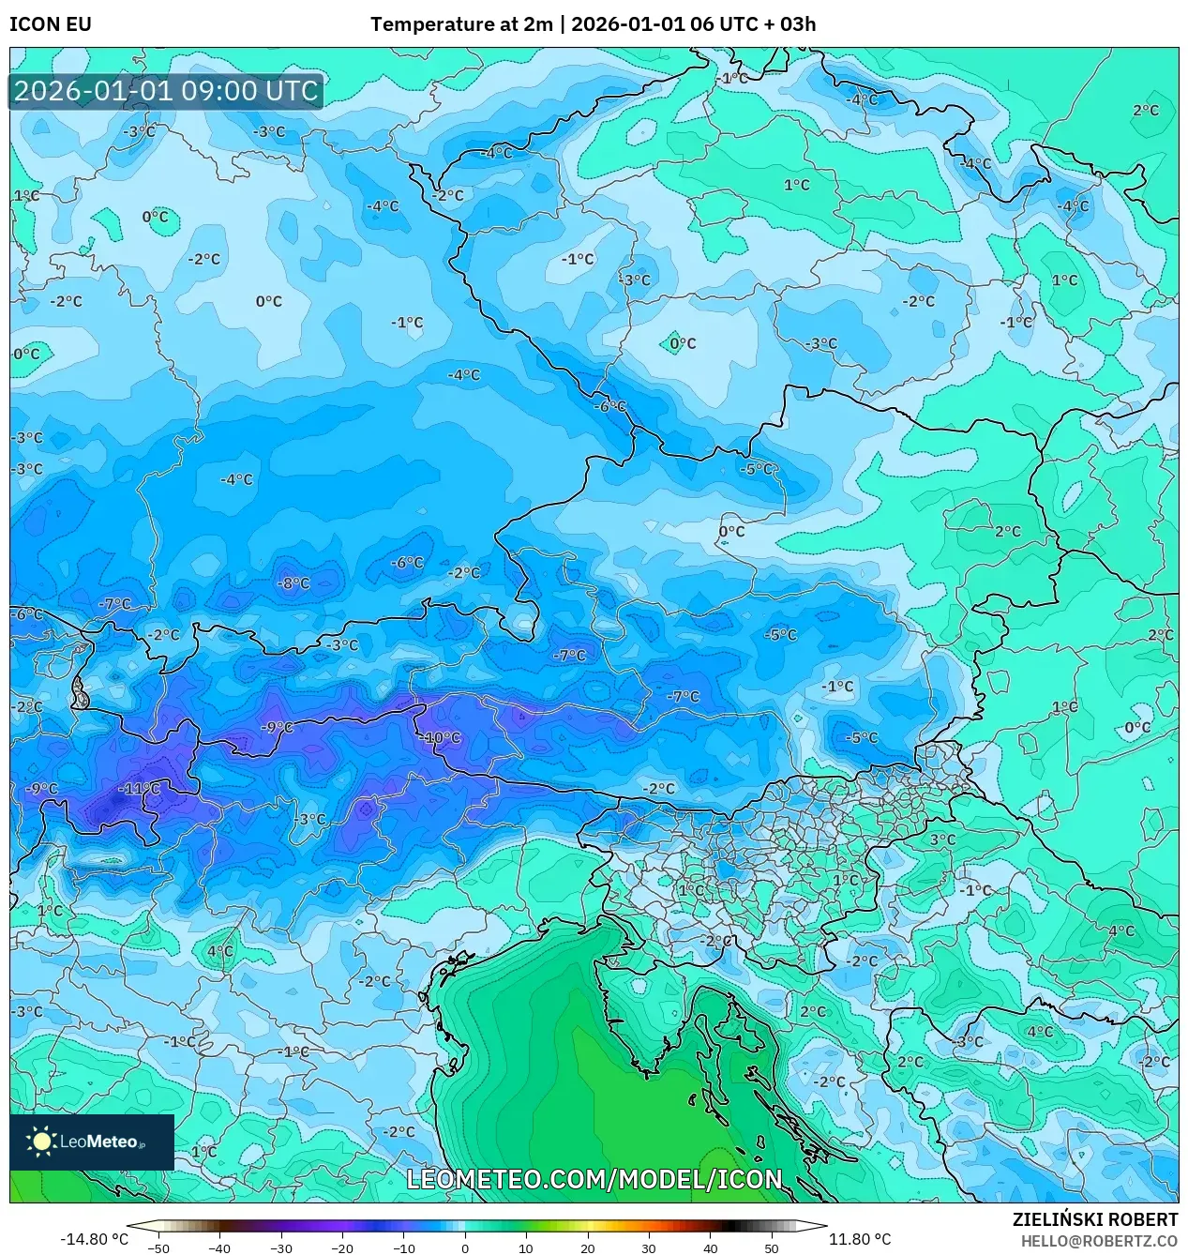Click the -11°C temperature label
(142, 789)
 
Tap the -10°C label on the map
(440, 737)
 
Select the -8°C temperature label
(293, 583)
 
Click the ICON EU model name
(51, 24)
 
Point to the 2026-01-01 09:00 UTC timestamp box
(166, 91)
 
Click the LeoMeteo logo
(92, 1142)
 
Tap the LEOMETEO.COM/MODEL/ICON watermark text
(594, 1179)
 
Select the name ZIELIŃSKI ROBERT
(1094, 1219)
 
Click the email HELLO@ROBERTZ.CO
(1099, 1241)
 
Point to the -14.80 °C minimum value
(94, 1239)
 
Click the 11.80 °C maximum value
(859, 1239)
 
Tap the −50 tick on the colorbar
(158, 1248)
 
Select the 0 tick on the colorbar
(465, 1248)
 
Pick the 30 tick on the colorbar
(649, 1248)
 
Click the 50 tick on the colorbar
(772, 1248)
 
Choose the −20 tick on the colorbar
(342, 1248)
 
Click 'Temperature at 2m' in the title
(461, 24)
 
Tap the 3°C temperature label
(942, 839)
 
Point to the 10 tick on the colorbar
(526, 1248)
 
